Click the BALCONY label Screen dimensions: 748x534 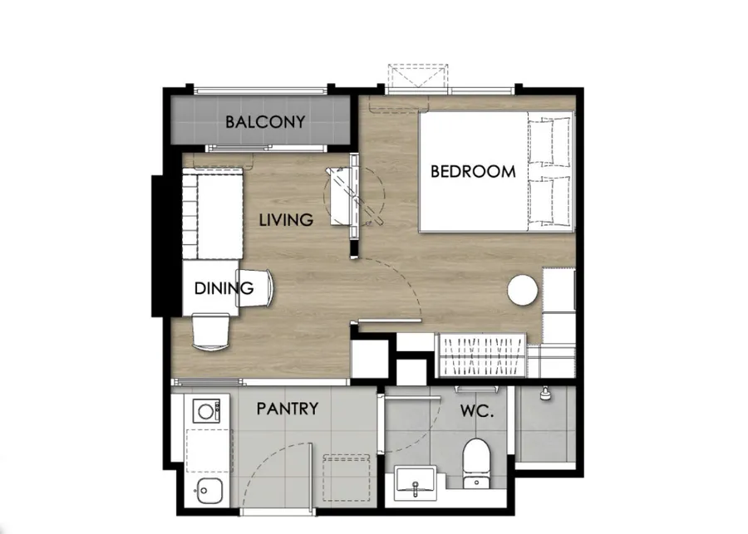coord(265,122)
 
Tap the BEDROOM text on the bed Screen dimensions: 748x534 coord(473,171)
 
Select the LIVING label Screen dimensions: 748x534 coord(286,220)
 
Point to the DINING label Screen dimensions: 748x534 coord(224,288)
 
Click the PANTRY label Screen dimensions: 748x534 coord(288,409)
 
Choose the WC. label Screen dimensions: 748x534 coord(476,411)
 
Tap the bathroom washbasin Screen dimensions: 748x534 coord(415,483)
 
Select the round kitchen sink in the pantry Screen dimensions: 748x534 coord(209,490)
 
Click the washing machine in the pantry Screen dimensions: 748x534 coord(206,411)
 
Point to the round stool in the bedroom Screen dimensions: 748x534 coord(523,290)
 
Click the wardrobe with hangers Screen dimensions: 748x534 coord(481,355)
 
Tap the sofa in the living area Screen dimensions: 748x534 coord(213,213)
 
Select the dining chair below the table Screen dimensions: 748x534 coord(210,332)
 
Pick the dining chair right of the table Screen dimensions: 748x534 coord(255,288)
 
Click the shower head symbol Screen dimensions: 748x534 coord(544,394)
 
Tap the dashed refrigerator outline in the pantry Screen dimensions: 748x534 coord(347,478)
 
